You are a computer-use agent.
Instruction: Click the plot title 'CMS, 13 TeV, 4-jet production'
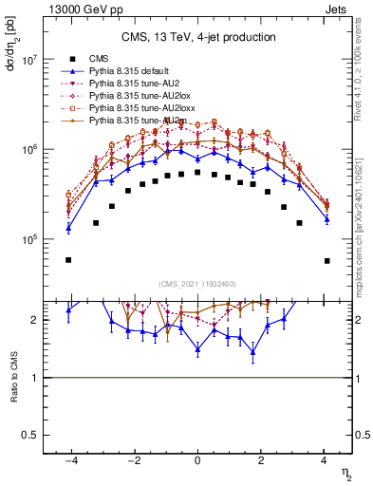(197, 37)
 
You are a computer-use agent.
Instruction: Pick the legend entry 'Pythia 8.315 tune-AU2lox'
(137, 96)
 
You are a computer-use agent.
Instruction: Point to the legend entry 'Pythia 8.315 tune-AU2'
(133, 84)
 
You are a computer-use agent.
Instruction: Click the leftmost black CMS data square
(68, 260)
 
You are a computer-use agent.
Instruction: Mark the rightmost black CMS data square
(326, 260)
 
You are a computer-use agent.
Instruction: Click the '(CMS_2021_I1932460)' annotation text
(197, 283)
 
